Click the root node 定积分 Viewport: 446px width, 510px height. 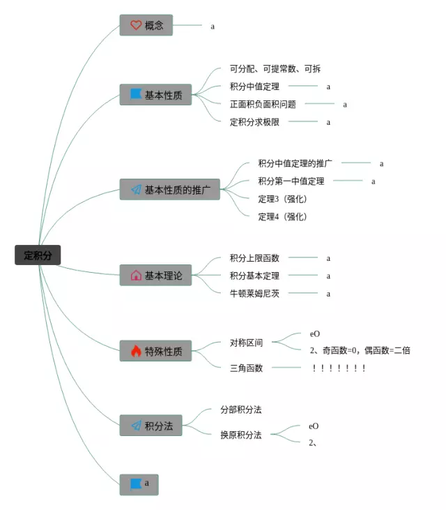(x=38, y=255)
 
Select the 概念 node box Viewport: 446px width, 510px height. (x=146, y=25)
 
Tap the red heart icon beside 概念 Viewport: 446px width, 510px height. (x=136, y=25)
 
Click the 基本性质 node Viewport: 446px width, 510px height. (x=155, y=95)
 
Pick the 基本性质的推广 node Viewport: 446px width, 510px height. (x=169, y=189)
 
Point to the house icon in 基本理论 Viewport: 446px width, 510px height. (x=136, y=276)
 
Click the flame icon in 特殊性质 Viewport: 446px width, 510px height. (x=136, y=351)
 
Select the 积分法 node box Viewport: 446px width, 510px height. (x=151, y=426)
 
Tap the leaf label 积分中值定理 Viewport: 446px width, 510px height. (x=254, y=87)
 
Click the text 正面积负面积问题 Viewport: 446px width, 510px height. (x=263, y=105)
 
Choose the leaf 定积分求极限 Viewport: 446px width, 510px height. (x=254, y=122)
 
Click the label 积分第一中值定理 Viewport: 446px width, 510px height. (x=291, y=181)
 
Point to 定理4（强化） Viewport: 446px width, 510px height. (x=282, y=216)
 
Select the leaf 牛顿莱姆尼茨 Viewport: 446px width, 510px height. (x=254, y=294)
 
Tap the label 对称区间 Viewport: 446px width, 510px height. (x=246, y=343)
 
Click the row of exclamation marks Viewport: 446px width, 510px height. (x=339, y=368)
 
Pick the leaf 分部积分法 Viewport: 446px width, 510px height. (x=240, y=410)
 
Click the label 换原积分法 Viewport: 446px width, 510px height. (x=240, y=435)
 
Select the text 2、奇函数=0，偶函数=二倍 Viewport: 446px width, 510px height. (x=360, y=350)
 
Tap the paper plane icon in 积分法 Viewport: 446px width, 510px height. (x=137, y=426)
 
